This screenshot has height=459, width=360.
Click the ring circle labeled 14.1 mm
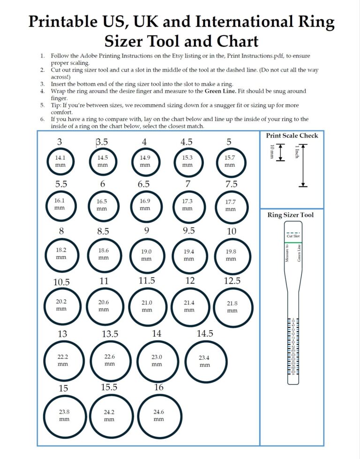coord(60,161)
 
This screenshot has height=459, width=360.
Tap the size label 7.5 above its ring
coord(231,184)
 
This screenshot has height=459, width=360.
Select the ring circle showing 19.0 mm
coord(146,255)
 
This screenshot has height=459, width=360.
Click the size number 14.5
coord(205,333)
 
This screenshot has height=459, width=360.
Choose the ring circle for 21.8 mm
coord(232,306)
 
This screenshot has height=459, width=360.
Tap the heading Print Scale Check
coord(292,136)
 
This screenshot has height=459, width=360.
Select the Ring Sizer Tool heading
coord(291,215)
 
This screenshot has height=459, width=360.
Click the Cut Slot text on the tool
coord(292,236)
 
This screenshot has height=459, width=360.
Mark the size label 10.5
coord(61,282)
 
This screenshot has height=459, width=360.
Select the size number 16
coord(159,387)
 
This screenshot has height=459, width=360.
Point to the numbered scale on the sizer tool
coord(292,347)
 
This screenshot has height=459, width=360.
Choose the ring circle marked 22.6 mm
coord(110,360)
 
